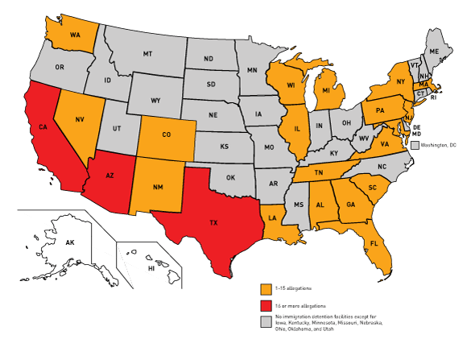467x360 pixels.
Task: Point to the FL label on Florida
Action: point(375,242)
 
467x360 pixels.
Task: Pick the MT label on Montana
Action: point(147,53)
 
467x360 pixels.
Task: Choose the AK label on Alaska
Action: point(70,242)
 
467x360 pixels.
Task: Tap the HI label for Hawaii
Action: point(151,268)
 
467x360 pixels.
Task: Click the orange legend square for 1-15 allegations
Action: point(265,288)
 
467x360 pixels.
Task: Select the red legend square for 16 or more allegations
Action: point(265,307)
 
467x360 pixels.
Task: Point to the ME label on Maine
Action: point(435,51)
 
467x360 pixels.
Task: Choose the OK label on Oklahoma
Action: point(229,178)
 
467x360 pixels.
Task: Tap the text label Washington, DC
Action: point(440,145)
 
